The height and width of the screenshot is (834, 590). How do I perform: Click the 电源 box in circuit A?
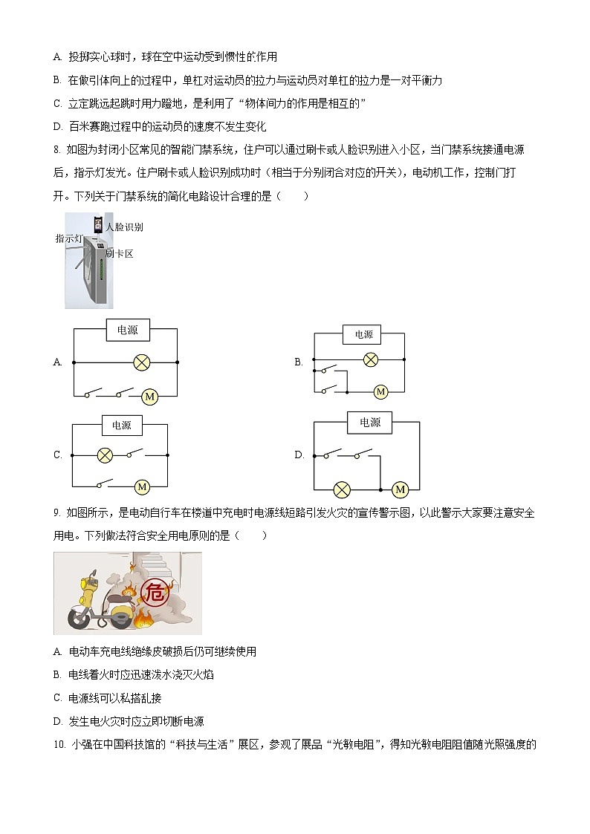(x=127, y=330)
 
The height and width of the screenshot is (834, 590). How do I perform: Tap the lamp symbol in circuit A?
(x=141, y=362)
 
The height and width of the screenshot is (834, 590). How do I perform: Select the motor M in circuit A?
(x=149, y=397)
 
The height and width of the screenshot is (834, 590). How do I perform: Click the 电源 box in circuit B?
(x=363, y=335)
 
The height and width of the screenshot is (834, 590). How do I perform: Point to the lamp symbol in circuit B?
(x=370, y=359)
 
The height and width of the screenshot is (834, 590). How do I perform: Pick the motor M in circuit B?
(x=380, y=391)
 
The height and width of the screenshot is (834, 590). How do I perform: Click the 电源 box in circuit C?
(x=121, y=426)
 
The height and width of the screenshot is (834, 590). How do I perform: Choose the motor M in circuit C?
(x=141, y=487)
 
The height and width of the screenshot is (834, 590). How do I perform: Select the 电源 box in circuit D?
(x=369, y=423)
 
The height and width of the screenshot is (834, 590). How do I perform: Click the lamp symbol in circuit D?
(x=342, y=489)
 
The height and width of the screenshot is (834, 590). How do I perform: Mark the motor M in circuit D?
(x=400, y=489)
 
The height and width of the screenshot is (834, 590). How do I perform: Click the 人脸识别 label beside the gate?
(x=124, y=227)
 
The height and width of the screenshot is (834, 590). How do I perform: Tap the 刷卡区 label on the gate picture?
(x=119, y=254)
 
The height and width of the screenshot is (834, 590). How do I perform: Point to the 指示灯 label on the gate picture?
(x=68, y=238)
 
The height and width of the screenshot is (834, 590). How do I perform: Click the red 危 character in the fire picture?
(x=155, y=593)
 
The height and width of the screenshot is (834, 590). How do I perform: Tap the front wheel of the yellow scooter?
(x=78, y=618)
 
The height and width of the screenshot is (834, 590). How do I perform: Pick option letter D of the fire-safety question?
(x=57, y=721)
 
